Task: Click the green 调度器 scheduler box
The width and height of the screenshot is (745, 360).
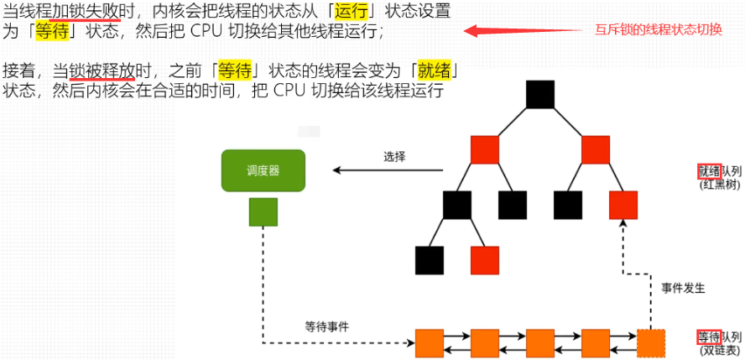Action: [x=263, y=170]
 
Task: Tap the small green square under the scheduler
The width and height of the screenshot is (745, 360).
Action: [x=263, y=211]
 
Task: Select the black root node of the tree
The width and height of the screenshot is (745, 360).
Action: [x=540, y=94]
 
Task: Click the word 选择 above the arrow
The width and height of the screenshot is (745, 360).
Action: [x=394, y=156]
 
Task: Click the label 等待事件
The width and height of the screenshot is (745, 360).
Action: [x=326, y=326]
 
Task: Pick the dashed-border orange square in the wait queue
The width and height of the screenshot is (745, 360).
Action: [x=651, y=342]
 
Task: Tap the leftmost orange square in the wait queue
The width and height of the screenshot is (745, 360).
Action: [x=429, y=342]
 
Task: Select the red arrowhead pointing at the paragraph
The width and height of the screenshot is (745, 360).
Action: [x=475, y=32]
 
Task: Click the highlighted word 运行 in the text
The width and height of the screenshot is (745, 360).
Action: [x=351, y=13]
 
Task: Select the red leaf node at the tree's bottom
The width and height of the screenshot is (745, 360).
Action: [x=484, y=260]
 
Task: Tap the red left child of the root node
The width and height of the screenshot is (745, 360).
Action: [x=484, y=149]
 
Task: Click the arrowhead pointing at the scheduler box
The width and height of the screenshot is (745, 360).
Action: [x=338, y=170]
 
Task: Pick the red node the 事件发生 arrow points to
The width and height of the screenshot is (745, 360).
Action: [x=623, y=205]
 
